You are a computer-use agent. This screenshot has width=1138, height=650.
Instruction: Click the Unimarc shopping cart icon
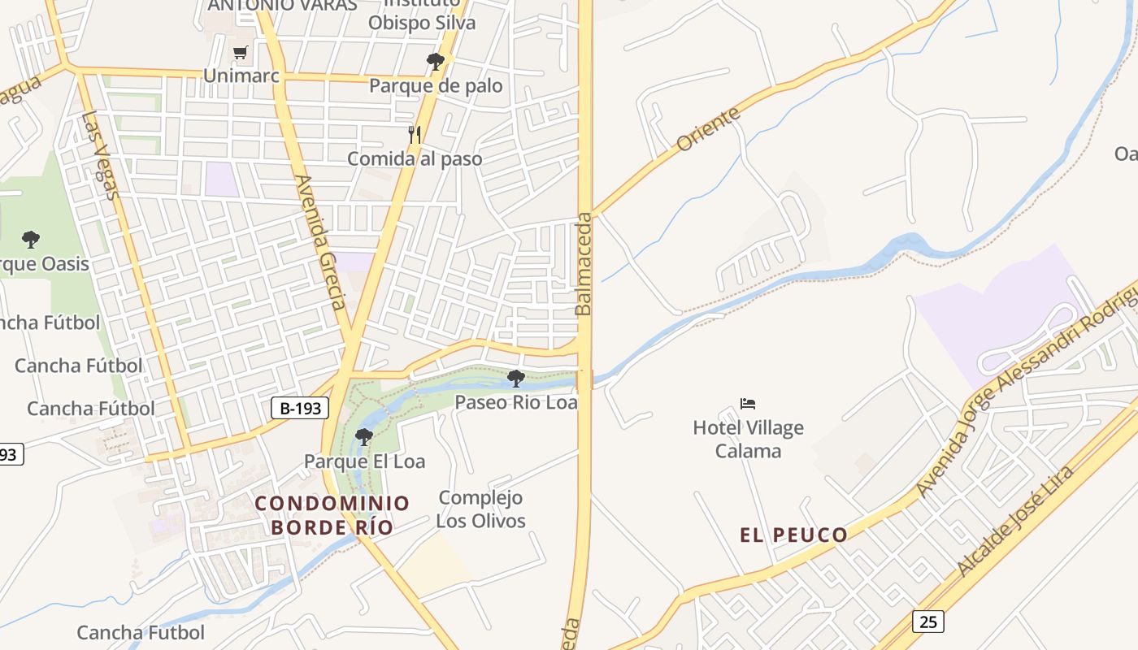(240, 53)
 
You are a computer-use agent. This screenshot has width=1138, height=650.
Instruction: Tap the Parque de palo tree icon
(436, 61)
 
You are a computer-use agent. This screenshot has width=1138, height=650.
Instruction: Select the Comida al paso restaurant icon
(415, 134)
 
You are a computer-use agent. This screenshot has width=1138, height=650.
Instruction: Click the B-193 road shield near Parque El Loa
(300, 408)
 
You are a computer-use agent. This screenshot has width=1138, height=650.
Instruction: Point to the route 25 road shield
(927, 622)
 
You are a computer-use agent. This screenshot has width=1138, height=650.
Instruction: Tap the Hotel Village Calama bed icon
(748, 403)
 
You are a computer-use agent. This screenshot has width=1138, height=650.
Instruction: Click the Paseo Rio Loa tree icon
(515, 378)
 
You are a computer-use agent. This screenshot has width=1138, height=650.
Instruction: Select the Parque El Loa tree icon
(364, 437)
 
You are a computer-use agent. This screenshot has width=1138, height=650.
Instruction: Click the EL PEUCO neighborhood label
(793, 535)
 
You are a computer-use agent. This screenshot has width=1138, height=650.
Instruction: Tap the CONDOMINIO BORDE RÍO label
(332, 515)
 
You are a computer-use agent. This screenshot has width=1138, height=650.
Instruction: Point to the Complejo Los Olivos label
(480, 509)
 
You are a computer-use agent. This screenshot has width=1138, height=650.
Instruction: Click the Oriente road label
(708, 128)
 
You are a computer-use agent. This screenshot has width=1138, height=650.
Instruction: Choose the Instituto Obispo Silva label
(421, 16)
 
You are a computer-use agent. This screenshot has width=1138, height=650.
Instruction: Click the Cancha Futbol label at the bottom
(141, 632)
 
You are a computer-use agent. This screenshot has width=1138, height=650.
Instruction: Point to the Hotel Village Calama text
(748, 439)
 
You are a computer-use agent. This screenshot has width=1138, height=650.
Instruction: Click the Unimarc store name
(241, 76)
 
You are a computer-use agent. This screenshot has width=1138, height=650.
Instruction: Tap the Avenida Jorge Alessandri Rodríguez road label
(1027, 396)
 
